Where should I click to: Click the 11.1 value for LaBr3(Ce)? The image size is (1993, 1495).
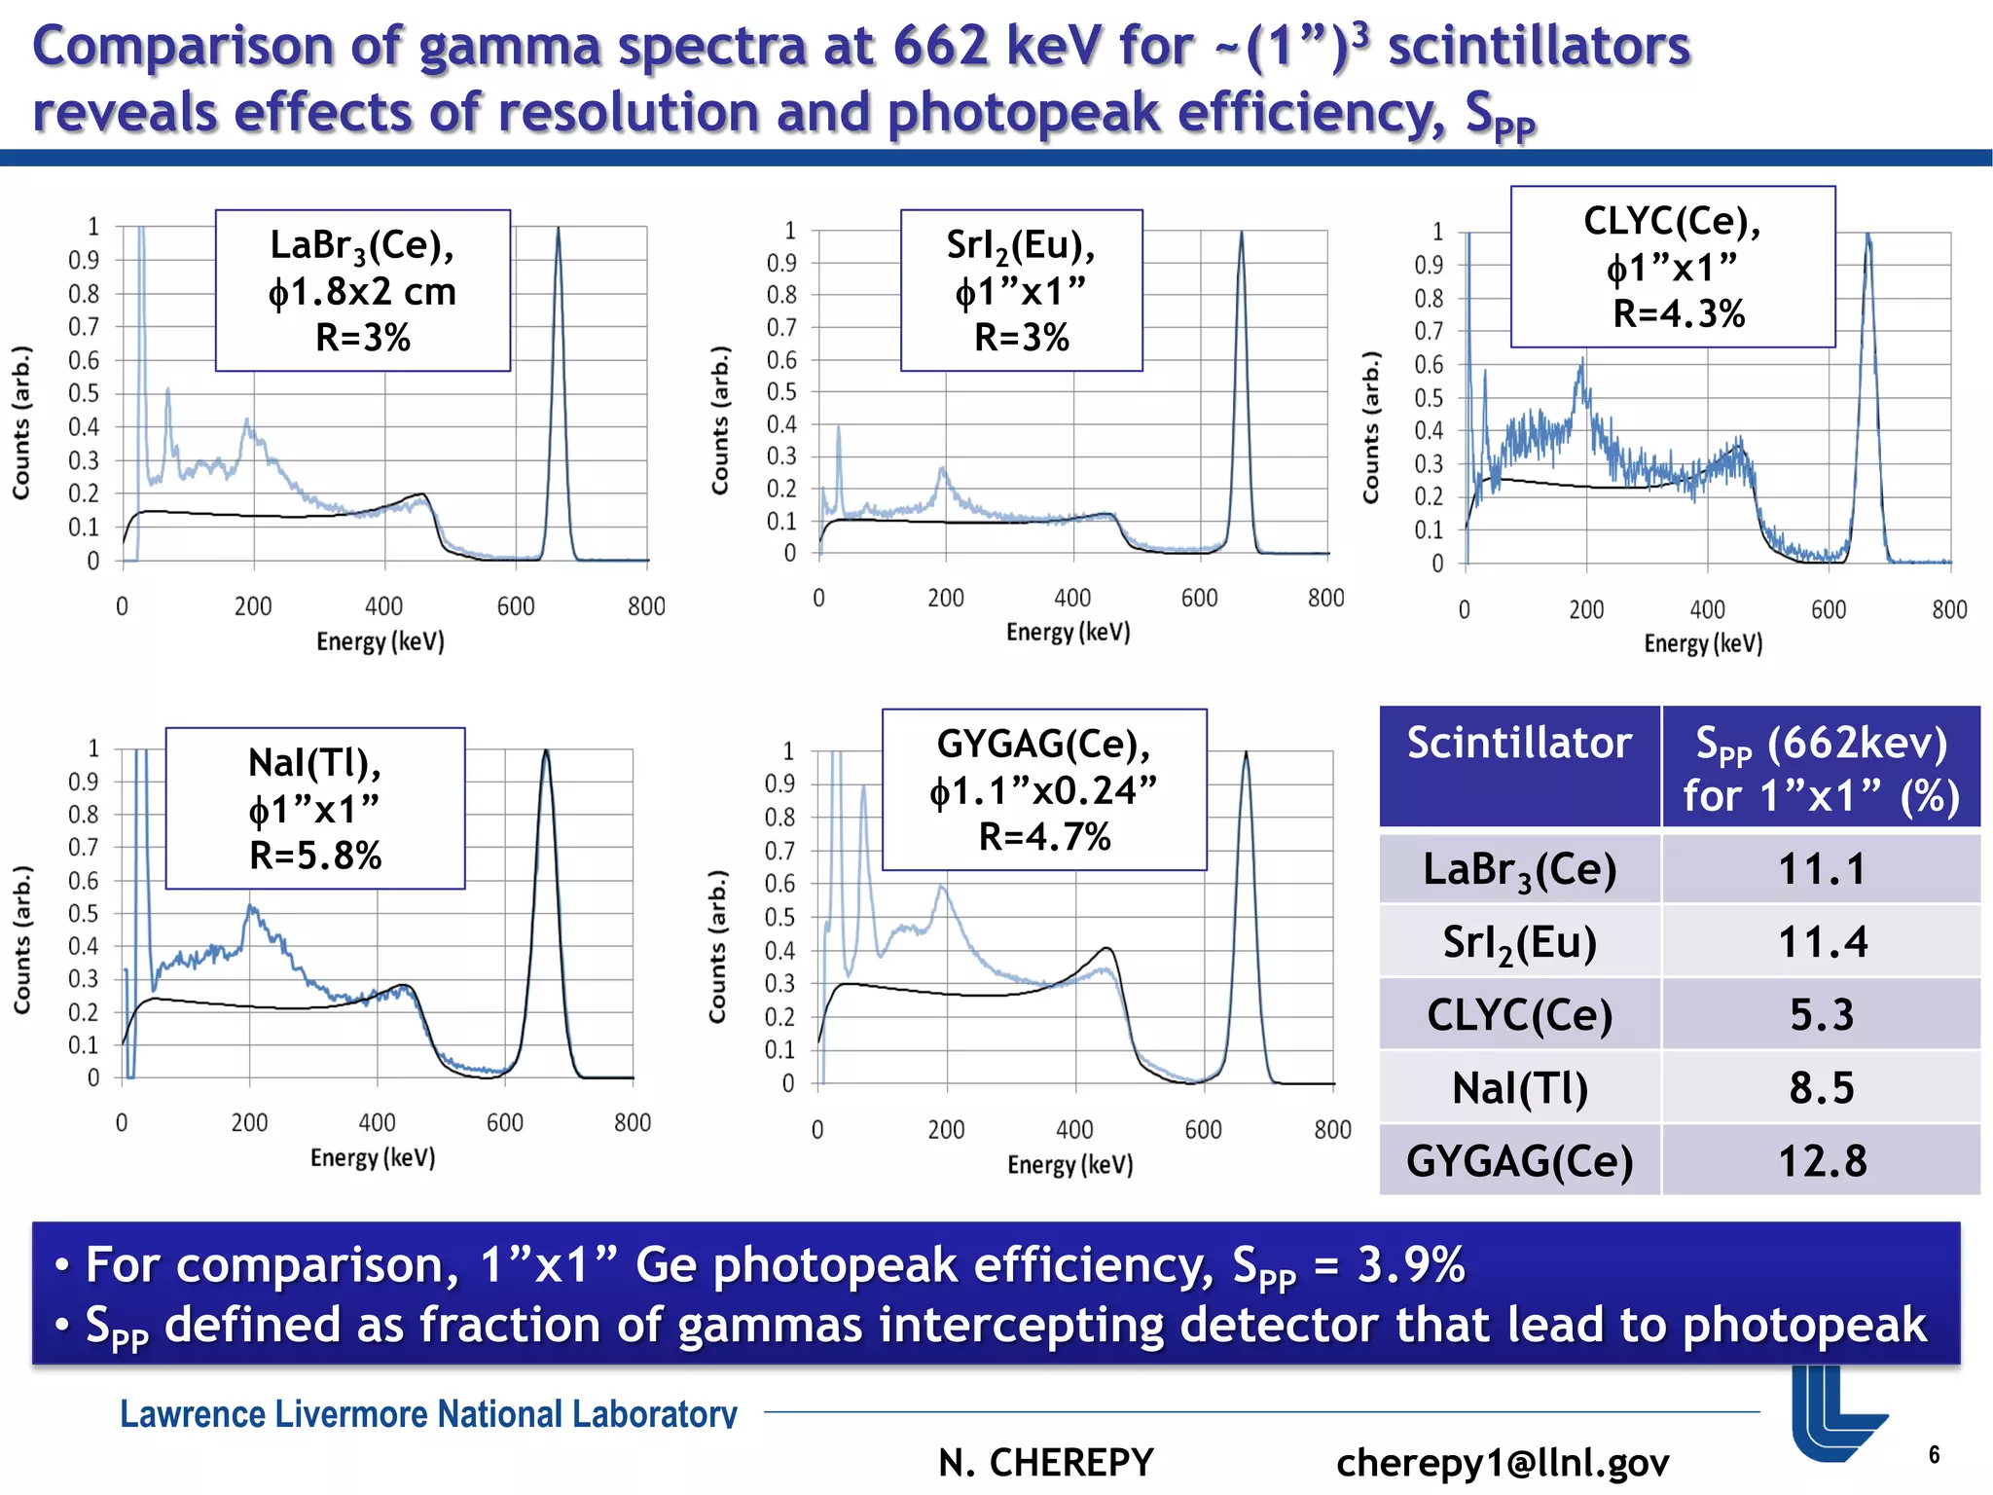coord(1822,869)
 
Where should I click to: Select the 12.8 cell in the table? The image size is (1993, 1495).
coord(1822,1160)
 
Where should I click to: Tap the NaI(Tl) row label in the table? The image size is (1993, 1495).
coord(1519,1087)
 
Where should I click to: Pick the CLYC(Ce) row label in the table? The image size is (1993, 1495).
coord(1519,1015)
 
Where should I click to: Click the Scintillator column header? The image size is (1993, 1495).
coord(1519,744)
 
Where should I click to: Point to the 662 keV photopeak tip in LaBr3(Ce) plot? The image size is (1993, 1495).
coord(559,230)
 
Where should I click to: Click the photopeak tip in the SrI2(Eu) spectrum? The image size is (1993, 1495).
coord(1242,234)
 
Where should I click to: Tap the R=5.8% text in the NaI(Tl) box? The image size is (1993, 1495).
coord(315,856)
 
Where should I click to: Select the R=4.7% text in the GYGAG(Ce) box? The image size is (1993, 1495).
coord(1044,837)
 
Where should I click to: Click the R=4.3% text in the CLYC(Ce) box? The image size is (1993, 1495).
coord(1679,314)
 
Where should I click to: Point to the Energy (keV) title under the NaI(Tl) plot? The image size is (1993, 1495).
coord(373,1157)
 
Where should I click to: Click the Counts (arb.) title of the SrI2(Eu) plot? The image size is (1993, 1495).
coord(720,420)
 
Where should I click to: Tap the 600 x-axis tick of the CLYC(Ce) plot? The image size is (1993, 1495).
coord(1829,610)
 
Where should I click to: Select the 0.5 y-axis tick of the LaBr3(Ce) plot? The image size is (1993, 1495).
coord(84,393)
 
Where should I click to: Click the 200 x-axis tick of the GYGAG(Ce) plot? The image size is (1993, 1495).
coord(946,1130)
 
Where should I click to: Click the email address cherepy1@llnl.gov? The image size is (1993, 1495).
coord(1503,1462)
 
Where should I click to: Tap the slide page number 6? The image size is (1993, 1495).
coord(1934,1455)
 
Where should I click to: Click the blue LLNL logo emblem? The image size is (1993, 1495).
coord(1834,1411)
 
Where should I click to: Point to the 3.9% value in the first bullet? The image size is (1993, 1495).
coord(1410,1265)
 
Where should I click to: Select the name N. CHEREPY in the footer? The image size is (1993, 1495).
coord(1046,1462)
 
